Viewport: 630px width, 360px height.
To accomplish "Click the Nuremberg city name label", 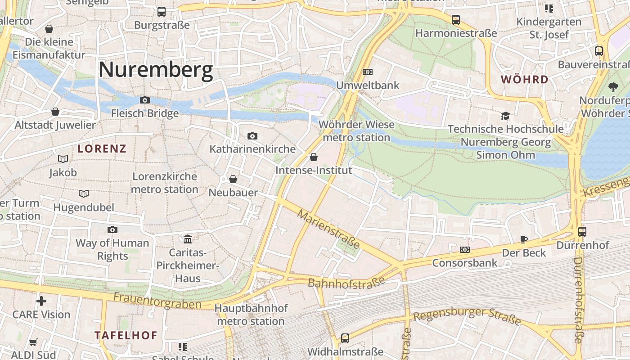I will tap(155, 70).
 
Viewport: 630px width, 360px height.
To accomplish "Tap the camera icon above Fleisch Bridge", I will tap(144, 100).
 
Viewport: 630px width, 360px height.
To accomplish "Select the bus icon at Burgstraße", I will tap(161, 12).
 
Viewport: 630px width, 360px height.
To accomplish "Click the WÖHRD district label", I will tap(525, 80).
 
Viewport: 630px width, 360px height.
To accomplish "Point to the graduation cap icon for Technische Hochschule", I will tap(505, 116).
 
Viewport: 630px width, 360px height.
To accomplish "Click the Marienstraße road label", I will tap(328, 229).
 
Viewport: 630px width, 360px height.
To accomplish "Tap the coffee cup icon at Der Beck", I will tap(523, 239).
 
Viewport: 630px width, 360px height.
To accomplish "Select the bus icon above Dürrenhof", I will tap(582, 232).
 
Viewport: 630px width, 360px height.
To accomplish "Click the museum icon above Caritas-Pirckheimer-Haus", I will tap(188, 239).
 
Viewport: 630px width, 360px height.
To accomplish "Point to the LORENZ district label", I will tap(102, 148).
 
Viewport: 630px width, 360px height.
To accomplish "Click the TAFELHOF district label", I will tap(126, 335).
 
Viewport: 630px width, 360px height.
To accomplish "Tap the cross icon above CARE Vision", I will tap(41, 301).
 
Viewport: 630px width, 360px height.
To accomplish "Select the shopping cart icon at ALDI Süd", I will tap(33, 342).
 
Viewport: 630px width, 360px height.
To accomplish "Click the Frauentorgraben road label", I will tap(157, 301).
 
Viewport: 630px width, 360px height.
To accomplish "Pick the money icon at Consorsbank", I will tap(464, 249).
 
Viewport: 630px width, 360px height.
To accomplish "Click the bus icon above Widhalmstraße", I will tap(345, 338).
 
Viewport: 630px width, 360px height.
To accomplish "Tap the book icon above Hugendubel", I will tap(84, 194).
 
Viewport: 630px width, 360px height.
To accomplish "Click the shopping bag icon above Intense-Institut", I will tap(314, 157).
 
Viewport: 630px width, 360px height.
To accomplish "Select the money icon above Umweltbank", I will tap(368, 72).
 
